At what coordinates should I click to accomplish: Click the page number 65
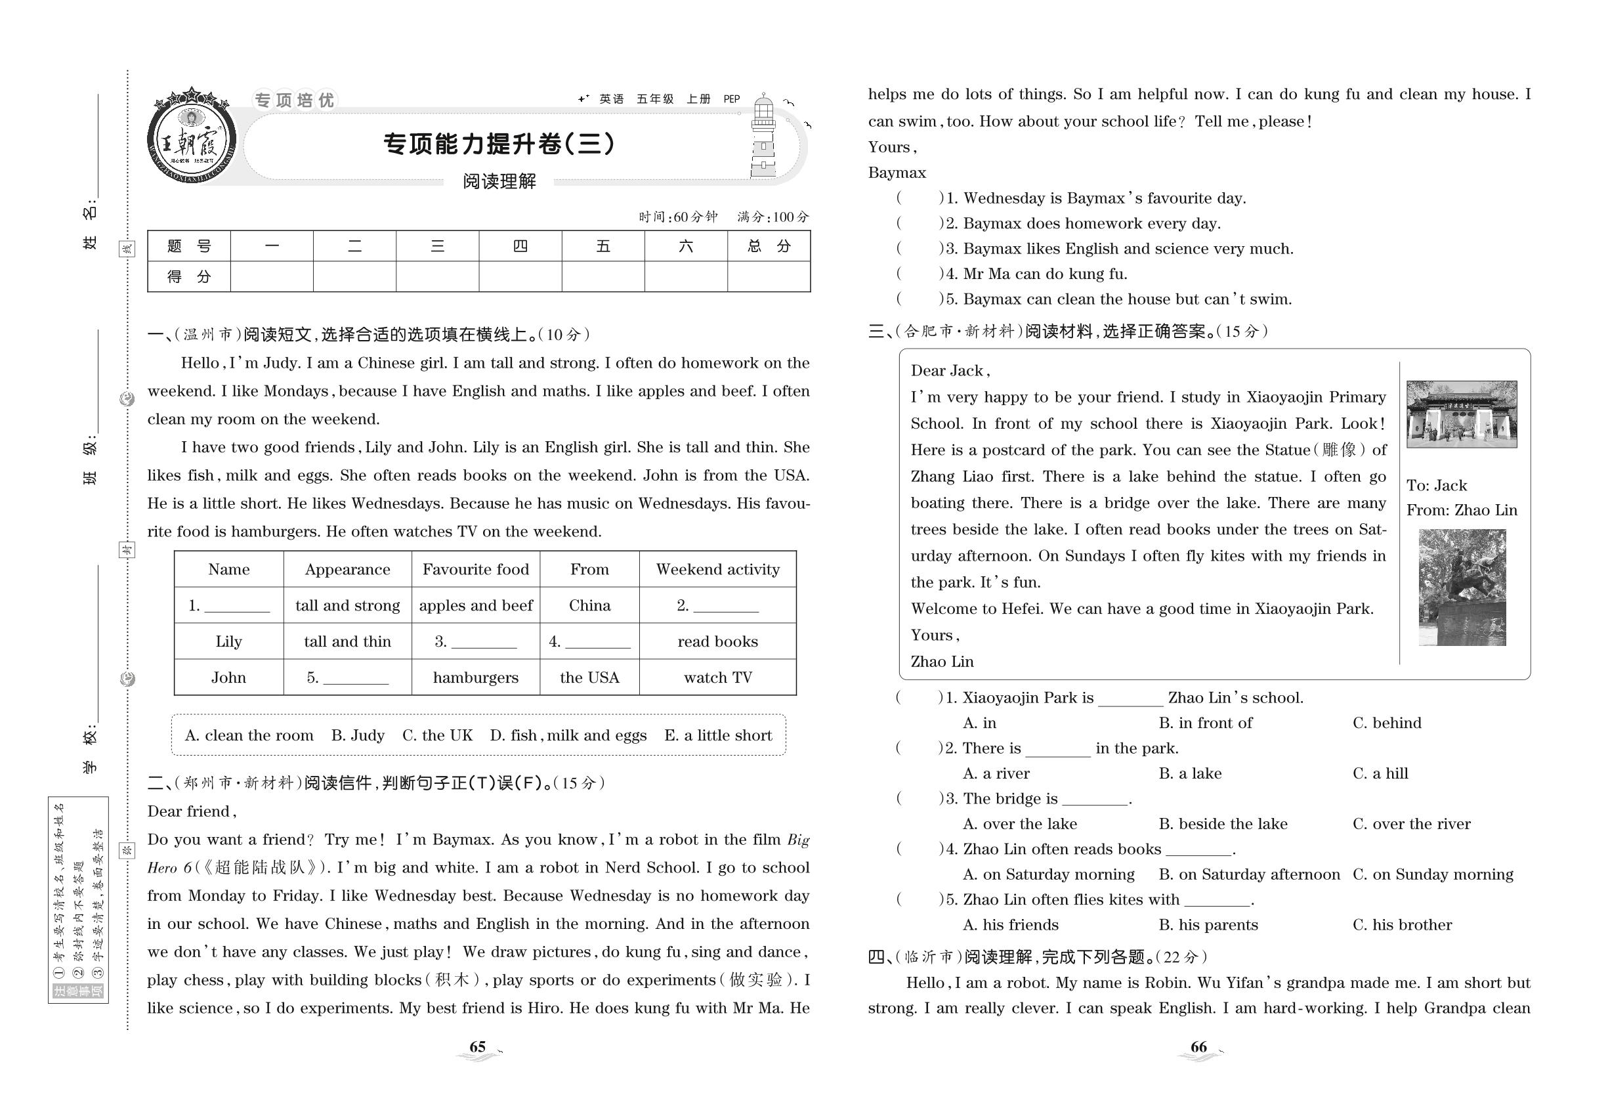pyautogui.click(x=478, y=1047)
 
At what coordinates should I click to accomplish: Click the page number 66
pyautogui.click(x=1198, y=1047)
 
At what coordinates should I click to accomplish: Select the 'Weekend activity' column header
pyautogui.click(x=717, y=569)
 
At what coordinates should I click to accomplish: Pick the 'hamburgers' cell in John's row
pyautogui.click(x=475, y=677)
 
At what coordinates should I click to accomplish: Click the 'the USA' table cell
pyautogui.click(x=589, y=677)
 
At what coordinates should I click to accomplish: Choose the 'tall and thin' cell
pyautogui.click(x=347, y=641)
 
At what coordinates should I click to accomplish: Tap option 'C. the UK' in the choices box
pyautogui.click(x=437, y=735)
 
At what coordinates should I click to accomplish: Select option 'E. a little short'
pyautogui.click(x=718, y=735)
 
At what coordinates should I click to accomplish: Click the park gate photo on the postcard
pyautogui.click(x=1461, y=414)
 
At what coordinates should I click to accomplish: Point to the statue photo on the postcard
pyautogui.click(x=1462, y=588)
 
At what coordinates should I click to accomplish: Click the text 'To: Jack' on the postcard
pyautogui.click(x=1437, y=485)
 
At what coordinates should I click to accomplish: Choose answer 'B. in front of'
pyautogui.click(x=1205, y=722)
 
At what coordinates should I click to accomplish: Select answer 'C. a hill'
pyautogui.click(x=1380, y=773)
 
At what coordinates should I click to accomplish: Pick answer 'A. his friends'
pyautogui.click(x=1010, y=924)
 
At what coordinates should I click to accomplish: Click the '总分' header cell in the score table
pyautogui.click(x=769, y=246)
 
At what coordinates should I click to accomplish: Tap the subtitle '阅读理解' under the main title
pyautogui.click(x=499, y=182)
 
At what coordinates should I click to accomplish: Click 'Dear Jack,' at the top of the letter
pyautogui.click(x=950, y=371)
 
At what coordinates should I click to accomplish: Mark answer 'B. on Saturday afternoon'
pyautogui.click(x=1248, y=874)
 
